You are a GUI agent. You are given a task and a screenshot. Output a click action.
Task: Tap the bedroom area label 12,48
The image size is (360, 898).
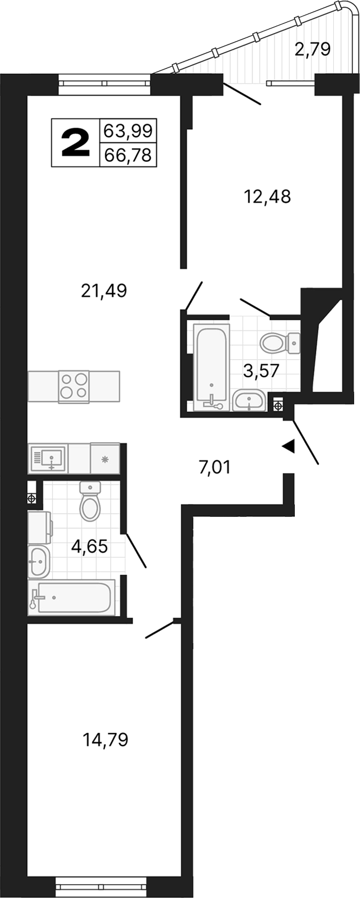coord(267,196)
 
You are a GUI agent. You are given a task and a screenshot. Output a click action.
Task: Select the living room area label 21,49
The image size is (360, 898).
coord(104,291)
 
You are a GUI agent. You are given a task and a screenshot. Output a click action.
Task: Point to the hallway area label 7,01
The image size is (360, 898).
coord(214,468)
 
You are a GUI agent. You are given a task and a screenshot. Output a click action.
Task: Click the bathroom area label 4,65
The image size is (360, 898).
coord(90,546)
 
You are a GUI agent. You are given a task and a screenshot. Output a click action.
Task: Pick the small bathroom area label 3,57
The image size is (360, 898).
coord(261,370)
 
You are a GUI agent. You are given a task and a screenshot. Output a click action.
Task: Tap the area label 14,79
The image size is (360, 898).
coord(106,740)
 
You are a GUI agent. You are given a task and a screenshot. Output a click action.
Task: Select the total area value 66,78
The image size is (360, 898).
coord(128,155)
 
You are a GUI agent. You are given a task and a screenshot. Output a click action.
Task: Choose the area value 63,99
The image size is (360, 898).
coord(128,130)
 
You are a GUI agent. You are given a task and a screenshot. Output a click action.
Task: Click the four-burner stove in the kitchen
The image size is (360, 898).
coord(74,385)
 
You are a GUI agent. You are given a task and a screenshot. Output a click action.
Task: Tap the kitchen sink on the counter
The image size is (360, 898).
coord(49,458)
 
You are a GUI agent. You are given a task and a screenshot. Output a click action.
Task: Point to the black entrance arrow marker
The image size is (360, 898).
coord(288,446)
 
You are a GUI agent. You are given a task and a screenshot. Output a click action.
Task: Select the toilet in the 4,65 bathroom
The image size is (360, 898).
coord(90,501)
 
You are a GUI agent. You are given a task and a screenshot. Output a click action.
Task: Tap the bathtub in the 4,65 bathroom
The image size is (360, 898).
coord(72,596)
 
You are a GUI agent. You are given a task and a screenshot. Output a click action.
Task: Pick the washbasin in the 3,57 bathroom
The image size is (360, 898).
coord(249,400)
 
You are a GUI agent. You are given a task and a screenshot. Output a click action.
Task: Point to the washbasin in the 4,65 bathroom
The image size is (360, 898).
coord(38,561)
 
